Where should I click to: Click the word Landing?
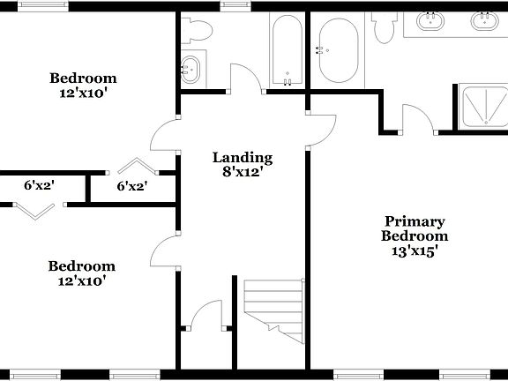click(x=243, y=158)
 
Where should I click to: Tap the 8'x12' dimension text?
click(x=243, y=172)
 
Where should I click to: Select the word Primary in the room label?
click(x=414, y=221)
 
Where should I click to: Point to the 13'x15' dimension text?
click(x=415, y=250)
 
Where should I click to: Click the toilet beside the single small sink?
click(x=198, y=32)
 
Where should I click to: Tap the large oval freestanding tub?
click(x=338, y=51)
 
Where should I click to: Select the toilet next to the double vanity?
click(x=384, y=29)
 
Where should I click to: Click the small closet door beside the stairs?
click(x=207, y=316)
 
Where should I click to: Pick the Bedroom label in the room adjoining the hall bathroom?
click(x=83, y=78)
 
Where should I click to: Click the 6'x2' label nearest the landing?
click(x=132, y=186)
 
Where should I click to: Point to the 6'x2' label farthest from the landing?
click(x=39, y=186)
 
